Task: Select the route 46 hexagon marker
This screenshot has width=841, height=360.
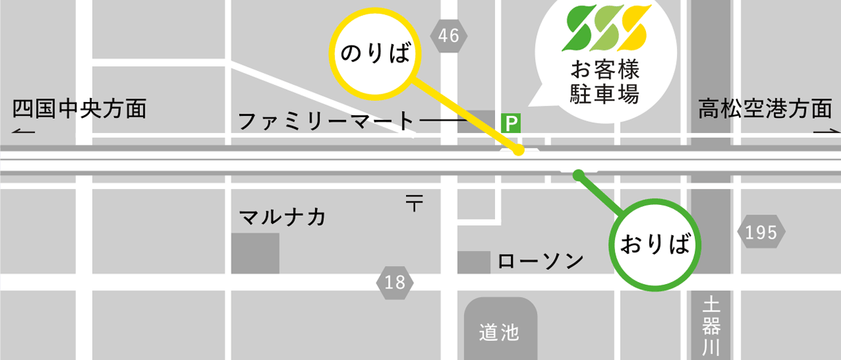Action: pos(448,36)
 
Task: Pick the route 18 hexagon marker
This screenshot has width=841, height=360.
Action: pos(396,282)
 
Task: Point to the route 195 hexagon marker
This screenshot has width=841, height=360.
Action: pos(761,233)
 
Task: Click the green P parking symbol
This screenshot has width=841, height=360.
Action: pos(511,123)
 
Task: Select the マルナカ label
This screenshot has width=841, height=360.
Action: pos(282,217)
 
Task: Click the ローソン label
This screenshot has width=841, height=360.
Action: pos(540,261)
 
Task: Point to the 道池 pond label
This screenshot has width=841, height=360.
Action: pos(499,333)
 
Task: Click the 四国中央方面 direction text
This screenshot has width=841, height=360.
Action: pos(79,109)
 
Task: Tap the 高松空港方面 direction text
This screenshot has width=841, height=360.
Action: pos(765,109)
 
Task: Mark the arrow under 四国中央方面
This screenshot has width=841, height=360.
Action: pos(23,131)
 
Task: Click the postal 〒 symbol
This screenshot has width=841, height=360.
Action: pos(414,203)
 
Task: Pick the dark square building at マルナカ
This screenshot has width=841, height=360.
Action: pos(255,253)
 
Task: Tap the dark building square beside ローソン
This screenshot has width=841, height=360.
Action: pos(474,262)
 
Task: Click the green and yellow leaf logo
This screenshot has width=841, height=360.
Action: pos(607,28)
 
